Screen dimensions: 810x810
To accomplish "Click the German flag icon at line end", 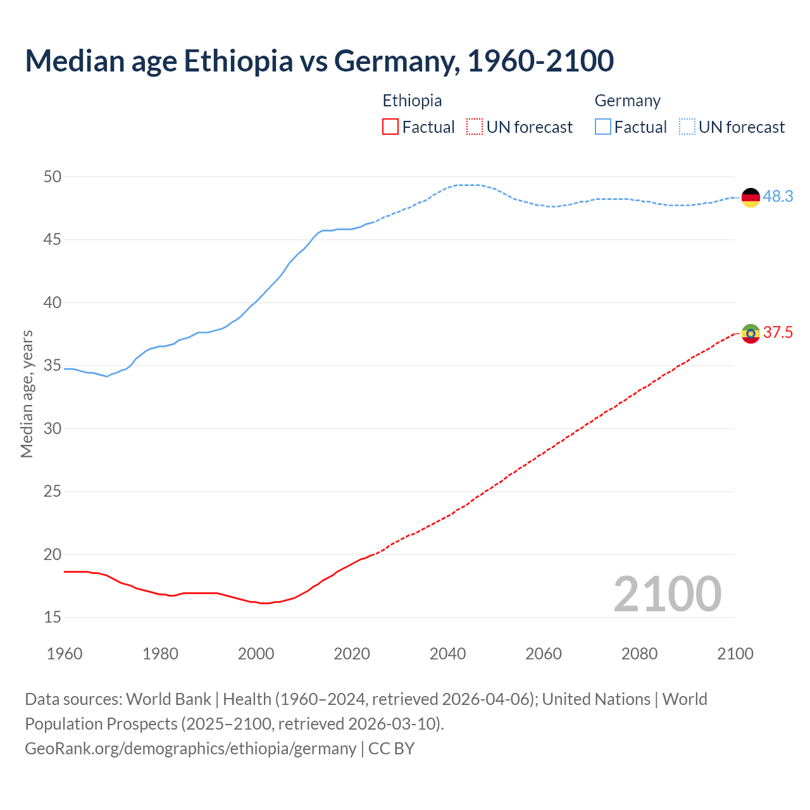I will pos(751,197).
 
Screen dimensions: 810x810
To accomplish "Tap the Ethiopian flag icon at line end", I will pos(751,333).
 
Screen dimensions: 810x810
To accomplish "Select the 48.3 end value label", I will pos(778,197).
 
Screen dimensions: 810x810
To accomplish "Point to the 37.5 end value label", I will pos(778,333).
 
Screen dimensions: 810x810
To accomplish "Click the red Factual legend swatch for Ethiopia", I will pos(390,127).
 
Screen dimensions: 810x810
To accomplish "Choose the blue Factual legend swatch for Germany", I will pos(603,127).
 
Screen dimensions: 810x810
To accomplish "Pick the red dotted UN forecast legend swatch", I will pos(475,127).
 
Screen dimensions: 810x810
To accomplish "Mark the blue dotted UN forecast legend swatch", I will pos(687,127).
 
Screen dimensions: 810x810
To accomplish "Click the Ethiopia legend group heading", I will pos(412,101).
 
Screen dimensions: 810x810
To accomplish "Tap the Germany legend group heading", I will pos(627,101).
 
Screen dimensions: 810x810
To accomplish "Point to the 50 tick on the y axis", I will pos(53,177).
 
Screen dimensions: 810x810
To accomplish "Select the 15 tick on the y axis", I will pos(53,617).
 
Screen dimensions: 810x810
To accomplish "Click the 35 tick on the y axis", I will pos(53,366).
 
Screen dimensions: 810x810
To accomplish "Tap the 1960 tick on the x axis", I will pos(65,654).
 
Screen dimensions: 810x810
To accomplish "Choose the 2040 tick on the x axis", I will pos(447,654).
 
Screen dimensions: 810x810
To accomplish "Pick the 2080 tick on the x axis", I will pos(639,654).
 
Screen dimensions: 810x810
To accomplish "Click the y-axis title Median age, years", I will pos(27,394).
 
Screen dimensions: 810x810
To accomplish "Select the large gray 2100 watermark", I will pos(667,594).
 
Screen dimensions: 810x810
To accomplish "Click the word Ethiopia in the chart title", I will pos(239,61).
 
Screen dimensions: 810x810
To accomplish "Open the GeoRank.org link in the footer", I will pos(190,749).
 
